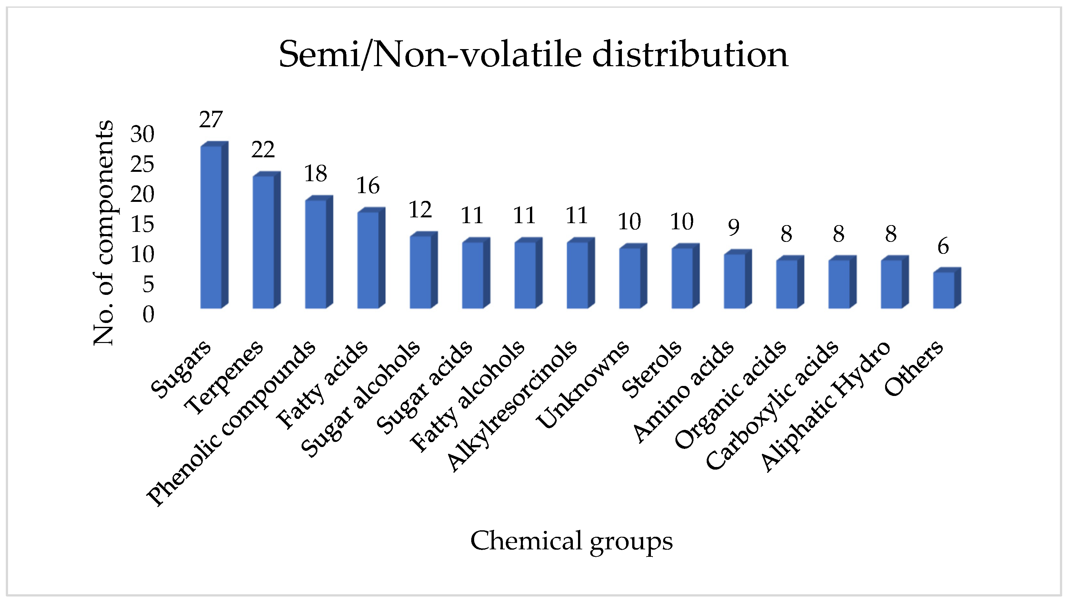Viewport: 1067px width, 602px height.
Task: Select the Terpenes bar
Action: tap(264, 242)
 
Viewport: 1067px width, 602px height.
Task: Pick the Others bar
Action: tap(944, 290)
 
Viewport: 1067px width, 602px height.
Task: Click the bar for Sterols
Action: tap(682, 278)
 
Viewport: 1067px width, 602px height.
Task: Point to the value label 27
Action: tap(211, 120)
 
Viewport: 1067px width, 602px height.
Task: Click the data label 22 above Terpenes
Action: tap(263, 150)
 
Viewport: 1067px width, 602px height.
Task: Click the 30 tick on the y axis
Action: tap(142, 134)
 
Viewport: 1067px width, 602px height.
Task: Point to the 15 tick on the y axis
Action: tap(142, 225)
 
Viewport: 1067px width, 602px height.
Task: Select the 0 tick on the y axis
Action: tap(148, 315)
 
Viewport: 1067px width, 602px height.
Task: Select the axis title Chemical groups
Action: tap(571, 541)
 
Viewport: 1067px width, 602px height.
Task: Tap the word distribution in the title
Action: tap(690, 55)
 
